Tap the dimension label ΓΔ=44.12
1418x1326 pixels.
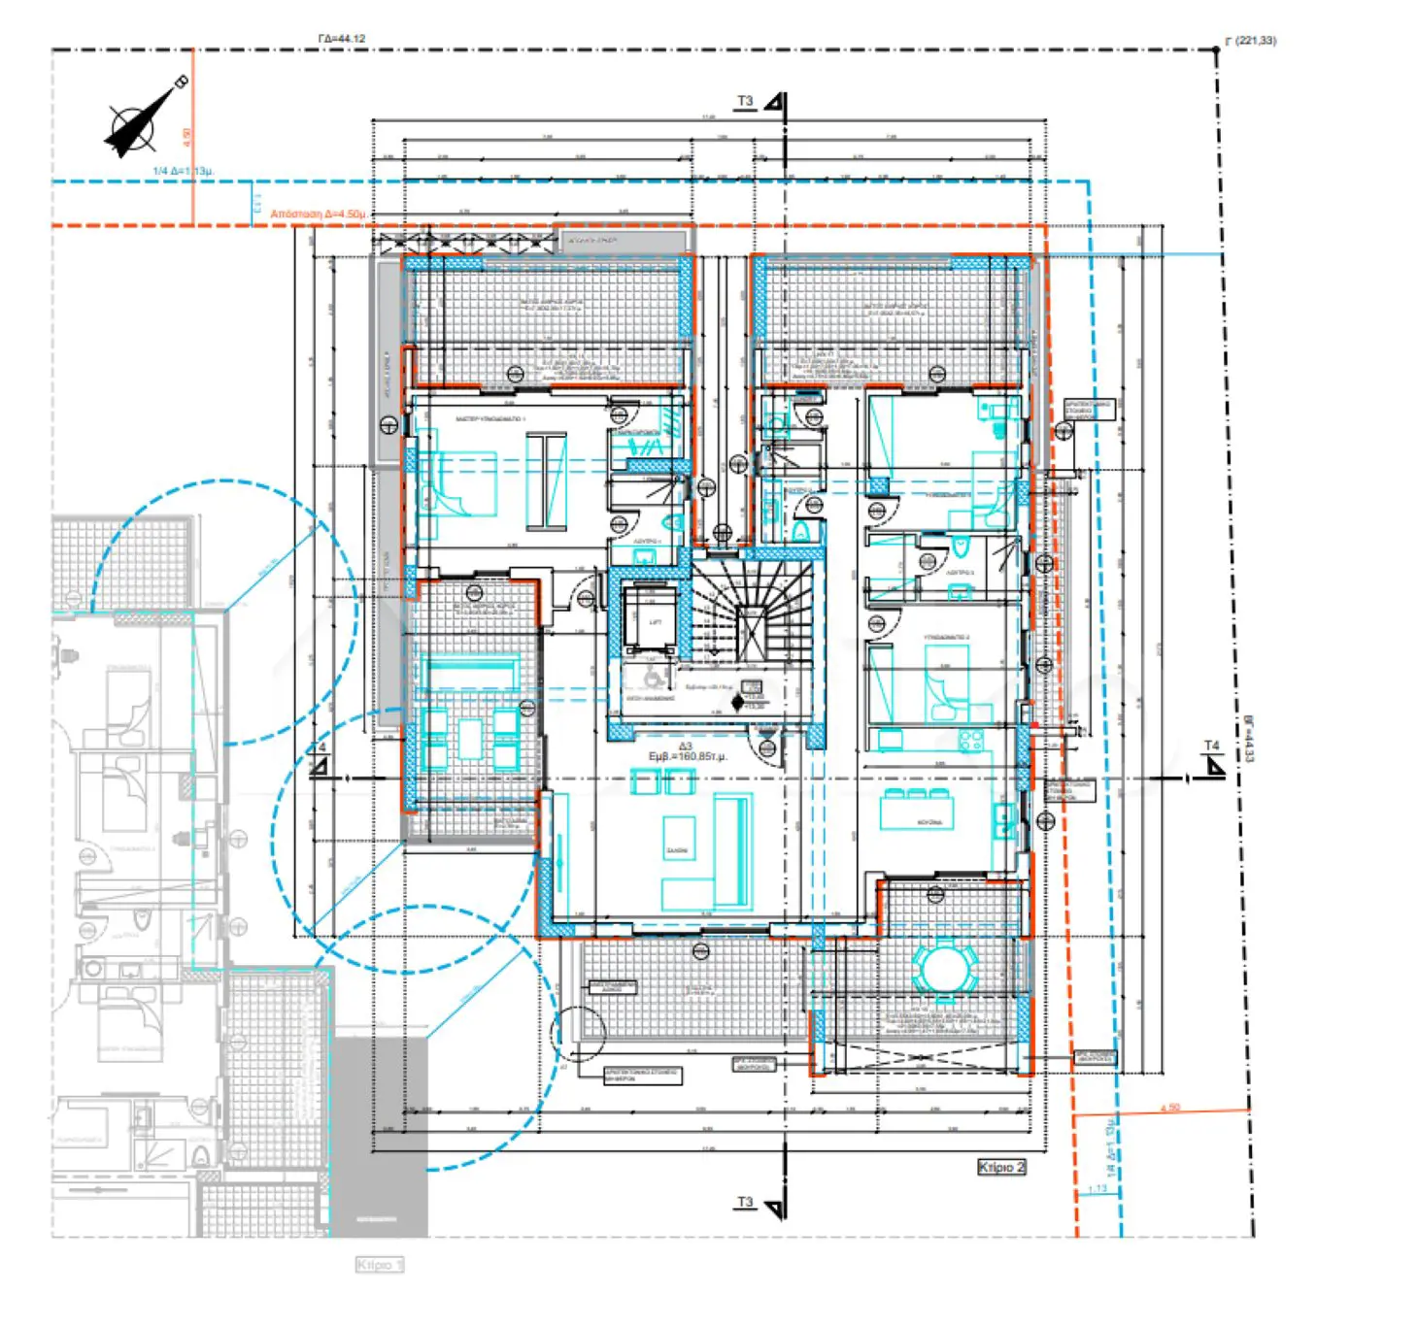click(x=341, y=39)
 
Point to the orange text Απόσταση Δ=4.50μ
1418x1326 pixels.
click(x=318, y=214)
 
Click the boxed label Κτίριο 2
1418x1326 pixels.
click(x=1000, y=1166)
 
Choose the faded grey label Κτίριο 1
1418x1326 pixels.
click(x=379, y=1264)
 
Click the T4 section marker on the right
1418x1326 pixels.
click(x=1212, y=761)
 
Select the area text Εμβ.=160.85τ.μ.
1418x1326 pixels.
click(x=687, y=755)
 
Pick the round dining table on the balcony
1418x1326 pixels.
click(x=944, y=968)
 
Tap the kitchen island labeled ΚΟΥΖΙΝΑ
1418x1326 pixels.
click(x=916, y=811)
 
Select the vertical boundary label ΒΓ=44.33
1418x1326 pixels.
click(x=1248, y=738)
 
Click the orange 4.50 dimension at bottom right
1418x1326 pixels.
click(x=1170, y=1108)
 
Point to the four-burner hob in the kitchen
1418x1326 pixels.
click(x=969, y=741)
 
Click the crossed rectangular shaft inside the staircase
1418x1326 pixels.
click(x=751, y=632)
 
